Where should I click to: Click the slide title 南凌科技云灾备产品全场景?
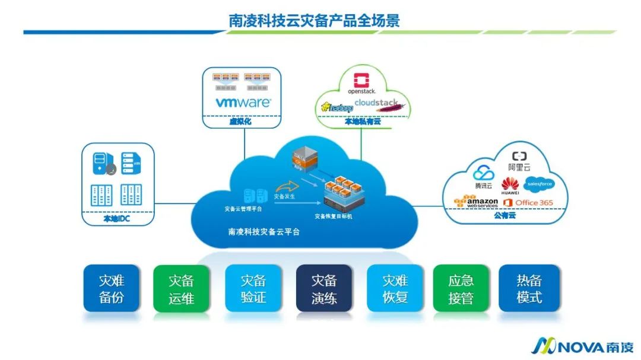pyautogui.click(x=315, y=21)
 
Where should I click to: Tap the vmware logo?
pyautogui.click(x=243, y=103)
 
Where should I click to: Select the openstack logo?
pyautogui.click(x=361, y=85)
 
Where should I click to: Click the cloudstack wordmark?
pyautogui.click(x=377, y=103)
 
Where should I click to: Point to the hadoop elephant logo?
pyautogui.click(x=337, y=107)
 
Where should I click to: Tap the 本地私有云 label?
pyautogui.click(x=363, y=121)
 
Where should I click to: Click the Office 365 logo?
pyautogui.click(x=528, y=203)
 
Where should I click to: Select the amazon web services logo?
pyautogui.click(x=476, y=203)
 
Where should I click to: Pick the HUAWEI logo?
pyautogui.click(x=510, y=186)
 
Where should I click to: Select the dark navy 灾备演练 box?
pyautogui.click(x=324, y=288)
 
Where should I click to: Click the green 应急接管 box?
pyautogui.click(x=461, y=288)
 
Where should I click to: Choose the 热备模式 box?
pyautogui.click(x=529, y=288)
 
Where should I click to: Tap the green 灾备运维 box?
pyautogui.click(x=181, y=288)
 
